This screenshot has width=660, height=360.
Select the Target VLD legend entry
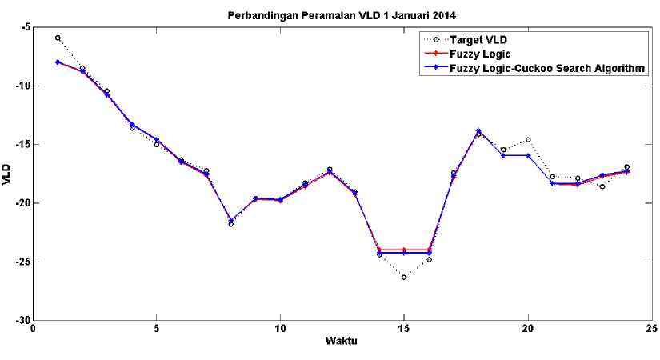[x=478, y=39]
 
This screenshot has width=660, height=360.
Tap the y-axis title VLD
[x=7, y=174]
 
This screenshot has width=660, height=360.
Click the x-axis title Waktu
[x=341, y=341]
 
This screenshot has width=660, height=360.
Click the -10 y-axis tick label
[x=22, y=86]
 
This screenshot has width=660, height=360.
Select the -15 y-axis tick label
[x=22, y=145]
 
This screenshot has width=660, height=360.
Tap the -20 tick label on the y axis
[x=22, y=203]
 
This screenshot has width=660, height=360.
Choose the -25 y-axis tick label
[x=22, y=262]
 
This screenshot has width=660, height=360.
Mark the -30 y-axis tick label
[x=22, y=320]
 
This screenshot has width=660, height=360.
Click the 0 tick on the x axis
[x=33, y=329]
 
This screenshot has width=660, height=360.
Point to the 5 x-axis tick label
[x=157, y=329]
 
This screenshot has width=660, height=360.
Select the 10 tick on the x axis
[x=280, y=329]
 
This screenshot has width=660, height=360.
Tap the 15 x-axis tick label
[x=404, y=329]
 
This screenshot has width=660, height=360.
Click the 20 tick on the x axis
[x=528, y=329]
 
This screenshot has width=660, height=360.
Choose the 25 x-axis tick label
[x=651, y=329]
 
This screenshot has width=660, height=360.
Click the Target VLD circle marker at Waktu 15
[x=404, y=277]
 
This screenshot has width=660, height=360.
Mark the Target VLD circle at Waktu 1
[x=58, y=38]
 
